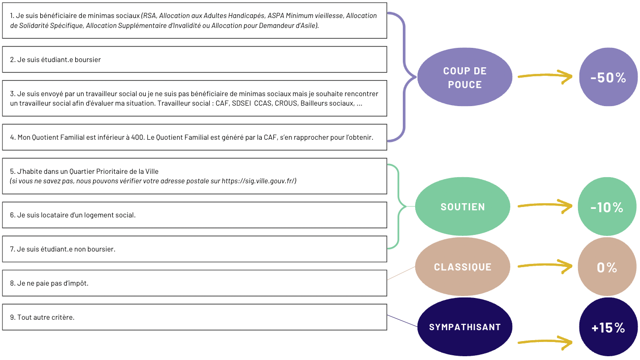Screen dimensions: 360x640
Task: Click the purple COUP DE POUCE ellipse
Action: click(464, 78)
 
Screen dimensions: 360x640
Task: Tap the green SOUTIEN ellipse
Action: click(462, 207)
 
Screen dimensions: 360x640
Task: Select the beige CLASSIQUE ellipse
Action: click(462, 267)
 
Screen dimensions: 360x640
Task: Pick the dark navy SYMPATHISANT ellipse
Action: click(464, 327)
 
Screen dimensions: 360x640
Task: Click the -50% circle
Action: click(608, 77)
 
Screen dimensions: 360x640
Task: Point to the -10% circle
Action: click(607, 207)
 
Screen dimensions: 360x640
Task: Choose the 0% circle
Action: click(607, 267)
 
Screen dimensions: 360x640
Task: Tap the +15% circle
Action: click(608, 327)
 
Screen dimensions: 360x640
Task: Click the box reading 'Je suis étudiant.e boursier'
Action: click(195, 60)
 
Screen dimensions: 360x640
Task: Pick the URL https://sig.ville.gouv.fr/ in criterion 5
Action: click(258, 181)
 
